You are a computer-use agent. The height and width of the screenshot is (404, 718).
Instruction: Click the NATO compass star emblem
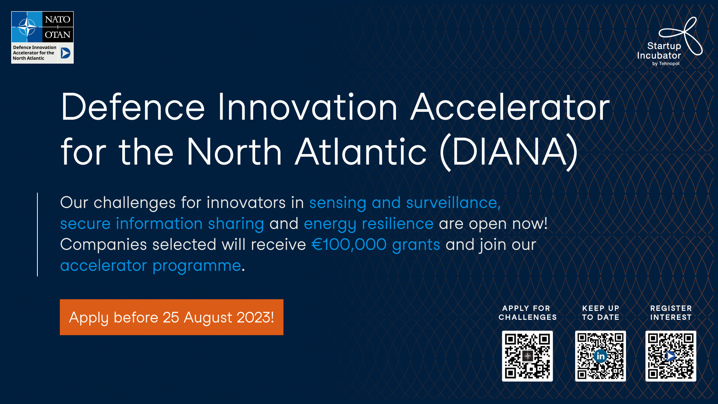click(x=27, y=27)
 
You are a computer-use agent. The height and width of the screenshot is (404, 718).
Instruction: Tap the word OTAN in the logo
click(x=58, y=35)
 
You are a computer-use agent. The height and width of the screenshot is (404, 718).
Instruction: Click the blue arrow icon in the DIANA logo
click(x=65, y=53)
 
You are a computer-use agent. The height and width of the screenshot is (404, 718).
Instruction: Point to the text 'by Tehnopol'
click(x=666, y=64)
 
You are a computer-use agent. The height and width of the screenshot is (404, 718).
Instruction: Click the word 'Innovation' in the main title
click(x=307, y=107)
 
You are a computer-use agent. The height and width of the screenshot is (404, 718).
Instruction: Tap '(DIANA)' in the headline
click(x=509, y=152)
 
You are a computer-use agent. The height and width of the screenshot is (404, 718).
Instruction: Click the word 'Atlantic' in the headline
click(x=361, y=152)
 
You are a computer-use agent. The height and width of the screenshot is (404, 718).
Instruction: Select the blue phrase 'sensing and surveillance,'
click(x=405, y=203)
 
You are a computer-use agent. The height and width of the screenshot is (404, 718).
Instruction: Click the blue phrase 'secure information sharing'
click(x=162, y=224)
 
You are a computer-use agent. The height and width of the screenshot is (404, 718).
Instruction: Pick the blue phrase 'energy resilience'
click(x=369, y=224)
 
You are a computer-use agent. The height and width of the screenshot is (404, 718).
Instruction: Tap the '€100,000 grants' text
click(x=376, y=245)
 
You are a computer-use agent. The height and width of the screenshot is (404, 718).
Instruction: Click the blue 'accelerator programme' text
click(x=150, y=266)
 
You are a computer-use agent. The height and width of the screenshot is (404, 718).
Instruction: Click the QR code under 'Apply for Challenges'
click(x=527, y=356)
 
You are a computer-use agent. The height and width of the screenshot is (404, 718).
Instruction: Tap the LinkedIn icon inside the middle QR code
click(x=601, y=356)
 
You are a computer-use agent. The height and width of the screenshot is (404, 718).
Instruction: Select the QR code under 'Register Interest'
click(x=671, y=356)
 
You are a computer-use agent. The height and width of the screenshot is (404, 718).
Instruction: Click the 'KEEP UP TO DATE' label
click(x=601, y=313)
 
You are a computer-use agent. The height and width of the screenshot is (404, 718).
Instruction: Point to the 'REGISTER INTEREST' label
click(x=671, y=313)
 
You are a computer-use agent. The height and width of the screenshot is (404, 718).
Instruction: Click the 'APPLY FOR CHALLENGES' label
click(x=527, y=313)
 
